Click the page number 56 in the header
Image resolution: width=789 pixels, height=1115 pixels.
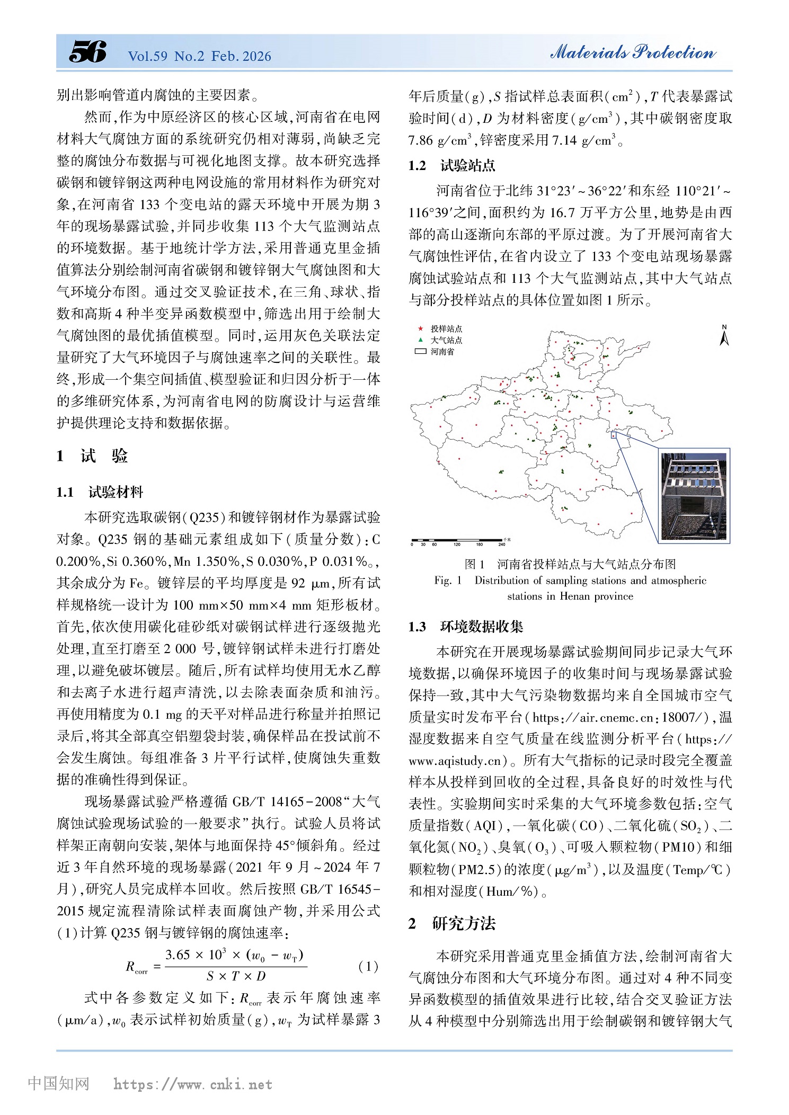tap(87, 52)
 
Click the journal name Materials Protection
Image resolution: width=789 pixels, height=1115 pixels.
tap(633, 52)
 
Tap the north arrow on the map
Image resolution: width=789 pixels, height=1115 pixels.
tap(724, 335)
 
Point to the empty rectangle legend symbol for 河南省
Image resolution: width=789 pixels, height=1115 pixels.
tap(421, 351)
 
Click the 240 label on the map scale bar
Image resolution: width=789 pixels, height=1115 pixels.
tap(501, 544)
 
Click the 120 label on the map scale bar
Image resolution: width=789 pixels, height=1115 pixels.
tap(457, 544)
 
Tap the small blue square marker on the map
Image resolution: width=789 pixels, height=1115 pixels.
tap(614, 435)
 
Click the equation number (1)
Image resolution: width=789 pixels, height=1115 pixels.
tap(368, 966)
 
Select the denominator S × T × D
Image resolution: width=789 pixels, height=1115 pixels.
tap(236, 976)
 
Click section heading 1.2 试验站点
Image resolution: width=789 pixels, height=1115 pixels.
tap(451, 166)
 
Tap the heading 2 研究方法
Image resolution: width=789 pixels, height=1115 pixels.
tap(451, 923)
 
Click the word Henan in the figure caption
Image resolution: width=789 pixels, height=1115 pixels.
tap(575, 596)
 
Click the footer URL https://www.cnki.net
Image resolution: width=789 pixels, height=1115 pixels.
tap(193, 1084)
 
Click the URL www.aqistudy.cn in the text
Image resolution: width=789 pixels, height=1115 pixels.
tap(455, 761)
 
